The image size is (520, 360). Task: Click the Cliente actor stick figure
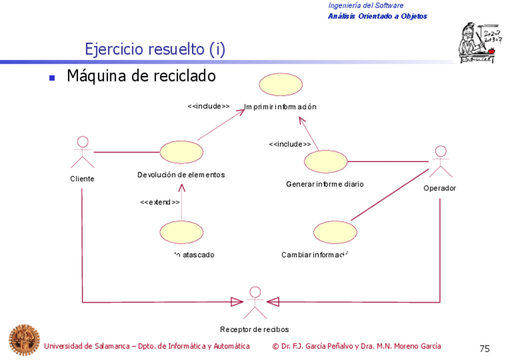click(x=82, y=152)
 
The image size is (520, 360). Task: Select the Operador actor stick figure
click(x=440, y=161)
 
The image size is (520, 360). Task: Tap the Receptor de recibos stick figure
click(x=254, y=301)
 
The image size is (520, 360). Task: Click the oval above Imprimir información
click(x=280, y=85)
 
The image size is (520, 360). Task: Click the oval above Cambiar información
click(x=335, y=232)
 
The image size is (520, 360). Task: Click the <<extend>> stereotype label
click(x=160, y=202)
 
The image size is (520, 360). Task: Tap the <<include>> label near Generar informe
click(x=289, y=144)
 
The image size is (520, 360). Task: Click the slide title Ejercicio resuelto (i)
click(x=155, y=49)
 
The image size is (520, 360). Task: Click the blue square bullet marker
click(x=52, y=78)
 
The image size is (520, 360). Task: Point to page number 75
click(x=484, y=348)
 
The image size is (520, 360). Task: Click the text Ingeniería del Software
click(x=365, y=6)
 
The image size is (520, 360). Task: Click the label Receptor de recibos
click(x=254, y=329)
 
